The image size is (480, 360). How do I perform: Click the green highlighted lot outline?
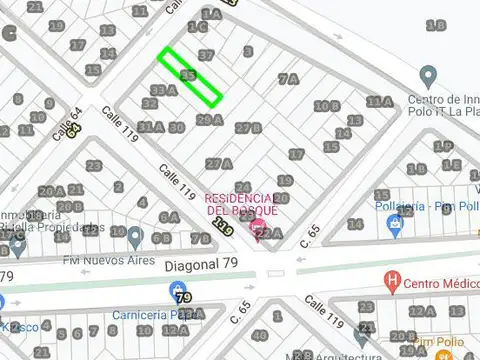[x=190, y=77]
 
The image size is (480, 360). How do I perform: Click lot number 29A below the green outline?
[x=209, y=120]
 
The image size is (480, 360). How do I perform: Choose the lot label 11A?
[x=379, y=101]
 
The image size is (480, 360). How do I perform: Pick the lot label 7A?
[x=289, y=78]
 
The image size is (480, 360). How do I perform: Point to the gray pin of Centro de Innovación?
[x=429, y=76]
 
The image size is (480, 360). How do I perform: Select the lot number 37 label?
[x=206, y=54]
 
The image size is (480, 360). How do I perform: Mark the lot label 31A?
[x=150, y=127]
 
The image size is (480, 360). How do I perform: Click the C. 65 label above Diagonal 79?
[x=315, y=234]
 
